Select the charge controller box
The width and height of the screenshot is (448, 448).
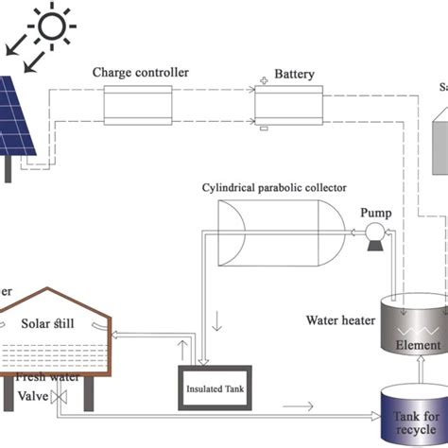[x=140, y=106]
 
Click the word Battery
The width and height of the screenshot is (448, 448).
[x=293, y=73]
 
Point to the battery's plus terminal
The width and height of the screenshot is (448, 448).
[x=264, y=81]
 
